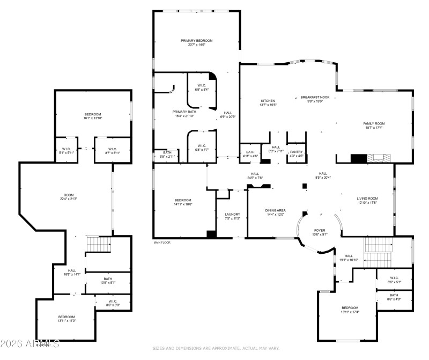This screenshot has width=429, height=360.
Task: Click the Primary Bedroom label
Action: pyautogui.click(x=196, y=41)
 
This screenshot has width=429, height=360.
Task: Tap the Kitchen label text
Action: pyautogui.click(x=268, y=101)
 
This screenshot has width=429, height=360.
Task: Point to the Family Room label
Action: pyautogui.click(x=374, y=123)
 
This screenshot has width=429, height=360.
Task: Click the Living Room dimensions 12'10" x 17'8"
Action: pyautogui.click(x=367, y=203)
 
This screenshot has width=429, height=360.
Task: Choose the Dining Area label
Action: pyautogui.click(x=275, y=210)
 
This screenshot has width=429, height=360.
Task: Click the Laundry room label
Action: pyautogui.click(x=232, y=215)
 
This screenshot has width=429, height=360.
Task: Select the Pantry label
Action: pyautogui.click(x=296, y=152)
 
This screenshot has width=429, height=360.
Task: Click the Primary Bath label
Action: pyautogui.click(x=184, y=112)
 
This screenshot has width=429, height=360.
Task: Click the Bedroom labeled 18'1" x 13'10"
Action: pyautogui.click(x=92, y=114)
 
